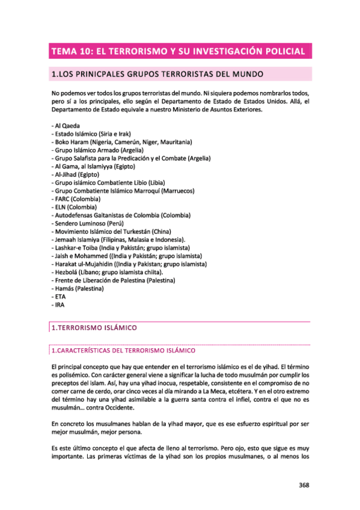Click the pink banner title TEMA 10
[x=178, y=52]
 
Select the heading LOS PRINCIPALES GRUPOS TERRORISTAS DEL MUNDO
[x=158, y=75]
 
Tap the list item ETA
[x=59, y=297]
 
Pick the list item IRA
[x=58, y=306]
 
